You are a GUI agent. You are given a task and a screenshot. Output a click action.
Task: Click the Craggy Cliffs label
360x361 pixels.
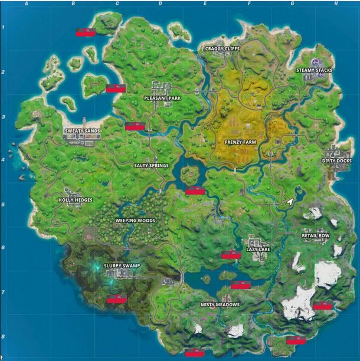click(x=222, y=48)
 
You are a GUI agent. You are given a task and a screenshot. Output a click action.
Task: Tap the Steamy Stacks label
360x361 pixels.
click(x=314, y=70)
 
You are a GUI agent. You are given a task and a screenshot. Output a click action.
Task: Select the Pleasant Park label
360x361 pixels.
click(x=162, y=98)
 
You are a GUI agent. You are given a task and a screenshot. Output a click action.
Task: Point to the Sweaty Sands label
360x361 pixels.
click(x=82, y=131)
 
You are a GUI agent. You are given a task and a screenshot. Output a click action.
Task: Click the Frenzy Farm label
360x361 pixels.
click(x=240, y=142)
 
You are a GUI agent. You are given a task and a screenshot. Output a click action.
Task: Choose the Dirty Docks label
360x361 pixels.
click(x=337, y=160)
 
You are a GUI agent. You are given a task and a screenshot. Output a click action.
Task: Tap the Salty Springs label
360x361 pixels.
click(x=151, y=166)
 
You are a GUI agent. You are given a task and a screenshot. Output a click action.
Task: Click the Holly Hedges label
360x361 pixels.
click(x=76, y=200)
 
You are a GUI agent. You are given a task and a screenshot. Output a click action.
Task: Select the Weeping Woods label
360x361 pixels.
click(x=135, y=221)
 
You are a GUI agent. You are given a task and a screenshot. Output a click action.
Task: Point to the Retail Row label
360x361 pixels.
click(x=316, y=235)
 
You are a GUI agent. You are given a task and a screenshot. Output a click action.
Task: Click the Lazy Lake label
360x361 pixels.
click(x=258, y=250)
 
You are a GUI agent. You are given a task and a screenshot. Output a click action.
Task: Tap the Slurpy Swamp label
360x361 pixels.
click(x=122, y=266)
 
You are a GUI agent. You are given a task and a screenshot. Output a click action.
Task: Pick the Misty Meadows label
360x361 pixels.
click(x=220, y=304)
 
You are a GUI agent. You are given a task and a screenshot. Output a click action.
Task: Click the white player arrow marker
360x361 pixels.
click(x=290, y=202)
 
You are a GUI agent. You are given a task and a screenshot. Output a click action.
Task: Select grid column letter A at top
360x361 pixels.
click(x=27, y=4)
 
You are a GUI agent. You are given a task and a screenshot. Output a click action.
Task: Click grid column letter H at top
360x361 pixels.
click(x=335, y=4)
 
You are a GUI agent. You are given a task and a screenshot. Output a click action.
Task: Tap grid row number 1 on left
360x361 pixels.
click(x=4, y=28)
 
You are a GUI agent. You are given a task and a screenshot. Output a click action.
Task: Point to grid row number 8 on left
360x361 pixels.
click(x=4, y=337)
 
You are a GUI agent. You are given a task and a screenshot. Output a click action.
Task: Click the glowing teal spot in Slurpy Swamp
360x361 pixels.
click(x=94, y=268)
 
